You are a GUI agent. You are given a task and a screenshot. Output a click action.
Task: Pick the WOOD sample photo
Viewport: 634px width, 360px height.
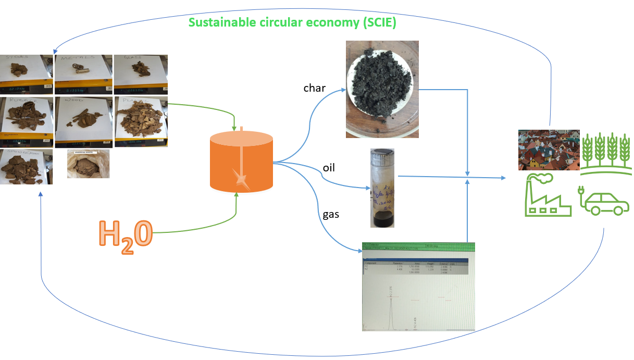point(83,121)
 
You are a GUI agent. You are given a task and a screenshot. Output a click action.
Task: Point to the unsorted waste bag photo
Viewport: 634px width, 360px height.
point(89,164)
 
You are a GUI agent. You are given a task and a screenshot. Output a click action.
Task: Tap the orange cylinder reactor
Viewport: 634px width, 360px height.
point(241,162)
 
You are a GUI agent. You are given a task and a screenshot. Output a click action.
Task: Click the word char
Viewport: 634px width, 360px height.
point(315,88)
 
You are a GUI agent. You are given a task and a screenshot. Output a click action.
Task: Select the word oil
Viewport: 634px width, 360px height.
point(328,168)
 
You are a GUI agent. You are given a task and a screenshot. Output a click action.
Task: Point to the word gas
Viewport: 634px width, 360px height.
point(331,214)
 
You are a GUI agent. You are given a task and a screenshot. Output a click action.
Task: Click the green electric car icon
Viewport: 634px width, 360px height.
point(603,201)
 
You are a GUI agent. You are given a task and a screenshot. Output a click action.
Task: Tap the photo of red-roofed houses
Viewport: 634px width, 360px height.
point(549,150)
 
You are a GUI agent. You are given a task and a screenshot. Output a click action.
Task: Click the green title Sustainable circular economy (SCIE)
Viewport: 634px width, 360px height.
point(292,23)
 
